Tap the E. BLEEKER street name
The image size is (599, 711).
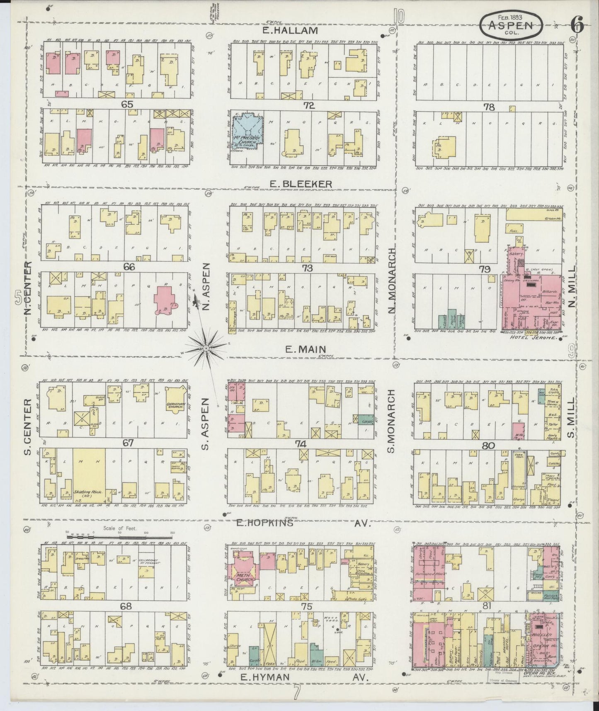coord(301,183)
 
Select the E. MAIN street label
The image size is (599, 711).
coord(305,350)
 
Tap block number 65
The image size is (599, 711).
coord(126,105)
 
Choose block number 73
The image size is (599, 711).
coord(307,268)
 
